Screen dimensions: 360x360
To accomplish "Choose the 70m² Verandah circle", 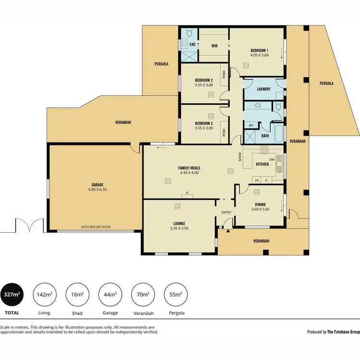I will tap(143, 295).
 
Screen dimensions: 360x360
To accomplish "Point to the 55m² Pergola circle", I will tap(175, 295).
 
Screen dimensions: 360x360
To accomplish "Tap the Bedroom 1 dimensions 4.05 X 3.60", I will tap(259, 55).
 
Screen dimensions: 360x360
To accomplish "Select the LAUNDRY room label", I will tap(264, 89).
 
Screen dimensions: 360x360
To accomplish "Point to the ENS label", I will tap(192, 45).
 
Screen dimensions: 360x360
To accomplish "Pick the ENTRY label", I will tap(226, 213).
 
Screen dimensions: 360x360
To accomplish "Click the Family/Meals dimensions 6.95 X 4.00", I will tap(190, 172).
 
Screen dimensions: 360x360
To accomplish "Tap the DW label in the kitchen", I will tap(272, 160).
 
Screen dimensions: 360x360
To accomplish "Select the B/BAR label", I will tap(240, 156).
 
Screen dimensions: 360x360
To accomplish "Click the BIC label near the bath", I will tap(251, 125).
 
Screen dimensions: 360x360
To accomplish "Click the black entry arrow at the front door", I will tap(228, 230).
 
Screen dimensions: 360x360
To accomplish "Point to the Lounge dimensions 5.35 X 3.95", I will tap(179, 228).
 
